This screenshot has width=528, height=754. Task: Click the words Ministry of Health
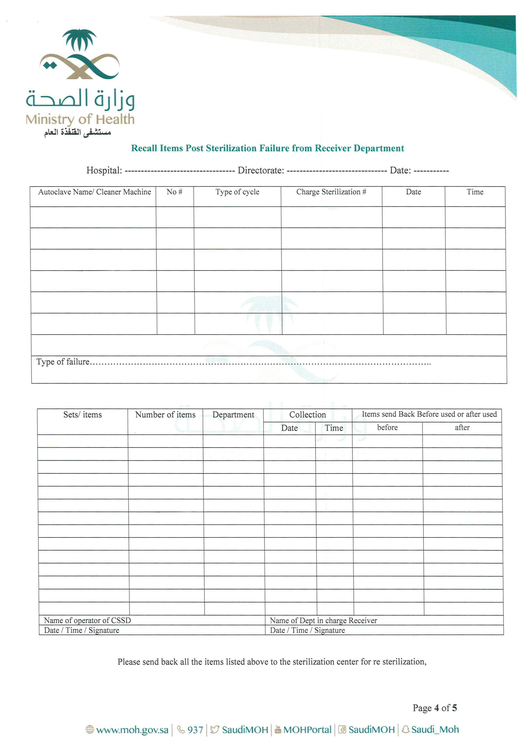coord(80,119)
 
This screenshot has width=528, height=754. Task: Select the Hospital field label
coord(104,170)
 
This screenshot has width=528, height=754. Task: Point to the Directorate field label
coord(261,170)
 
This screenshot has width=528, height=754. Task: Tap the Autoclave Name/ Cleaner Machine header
coord(94,192)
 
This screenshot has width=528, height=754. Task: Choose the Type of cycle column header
coord(237,192)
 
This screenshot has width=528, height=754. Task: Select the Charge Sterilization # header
coord(331,192)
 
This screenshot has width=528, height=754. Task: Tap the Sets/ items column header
coord(82,414)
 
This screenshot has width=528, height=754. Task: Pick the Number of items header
coord(165,414)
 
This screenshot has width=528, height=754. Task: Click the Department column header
coord(233,414)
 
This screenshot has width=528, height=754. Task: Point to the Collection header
coord(307,414)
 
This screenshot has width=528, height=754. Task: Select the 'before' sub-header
coord(387,427)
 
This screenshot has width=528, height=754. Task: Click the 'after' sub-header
coord(462,427)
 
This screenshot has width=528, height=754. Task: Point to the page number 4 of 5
coord(434,708)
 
